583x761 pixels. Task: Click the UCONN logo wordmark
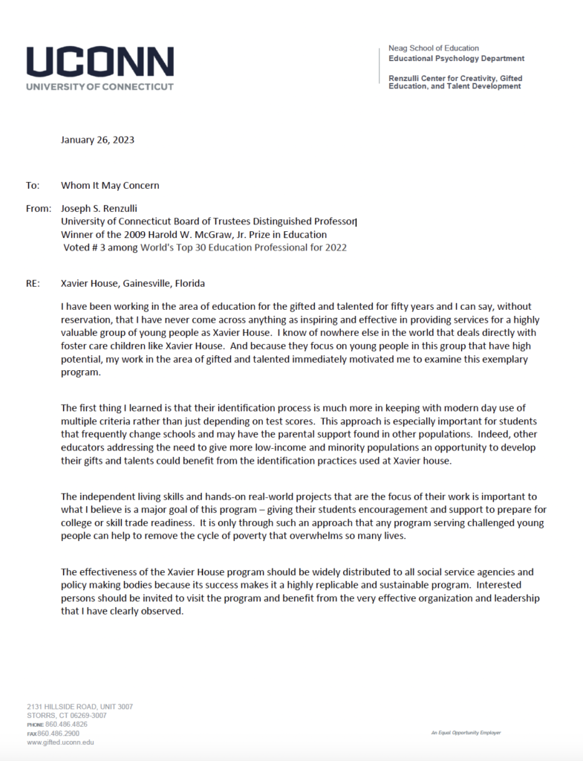point(100,62)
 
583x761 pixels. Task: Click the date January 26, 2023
point(98,139)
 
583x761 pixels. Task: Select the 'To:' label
point(32,185)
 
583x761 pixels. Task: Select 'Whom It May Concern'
point(110,185)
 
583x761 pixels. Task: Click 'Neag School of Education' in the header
point(434,48)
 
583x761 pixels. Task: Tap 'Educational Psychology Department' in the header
point(456,58)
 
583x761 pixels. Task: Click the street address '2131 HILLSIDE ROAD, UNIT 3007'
point(80,706)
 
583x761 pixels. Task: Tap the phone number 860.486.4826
point(67,724)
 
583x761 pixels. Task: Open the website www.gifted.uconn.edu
point(60,742)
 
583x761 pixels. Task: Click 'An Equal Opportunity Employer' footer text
point(466,733)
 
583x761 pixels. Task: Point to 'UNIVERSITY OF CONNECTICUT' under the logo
point(100,86)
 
